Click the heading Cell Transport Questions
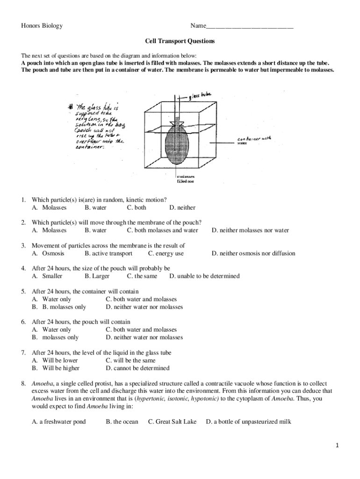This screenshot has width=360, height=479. [x=180, y=41]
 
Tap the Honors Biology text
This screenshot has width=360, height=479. [x=42, y=26]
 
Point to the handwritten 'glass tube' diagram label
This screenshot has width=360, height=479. [x=200, y=96]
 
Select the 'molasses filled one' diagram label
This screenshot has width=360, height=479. [x=186, y=179]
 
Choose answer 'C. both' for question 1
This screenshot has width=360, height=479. [x=136, y=208]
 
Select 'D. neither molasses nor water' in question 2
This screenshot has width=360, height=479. [x=250, y=230]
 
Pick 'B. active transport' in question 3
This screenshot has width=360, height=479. [x=108, y=254]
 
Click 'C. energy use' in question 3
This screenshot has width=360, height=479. [x=166, y=254]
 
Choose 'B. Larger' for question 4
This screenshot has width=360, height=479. [x=97, y=276]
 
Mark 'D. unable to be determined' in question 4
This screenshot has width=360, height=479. [x=204, y=276]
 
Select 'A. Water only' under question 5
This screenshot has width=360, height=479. [x=51, y=299]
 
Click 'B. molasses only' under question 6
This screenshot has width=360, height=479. [x=55, y=337]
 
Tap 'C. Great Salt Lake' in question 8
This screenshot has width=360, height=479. [x=172, y=422]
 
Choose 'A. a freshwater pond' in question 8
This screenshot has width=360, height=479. [x=58, y=422]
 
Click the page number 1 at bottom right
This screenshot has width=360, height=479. [x=337, y=446]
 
